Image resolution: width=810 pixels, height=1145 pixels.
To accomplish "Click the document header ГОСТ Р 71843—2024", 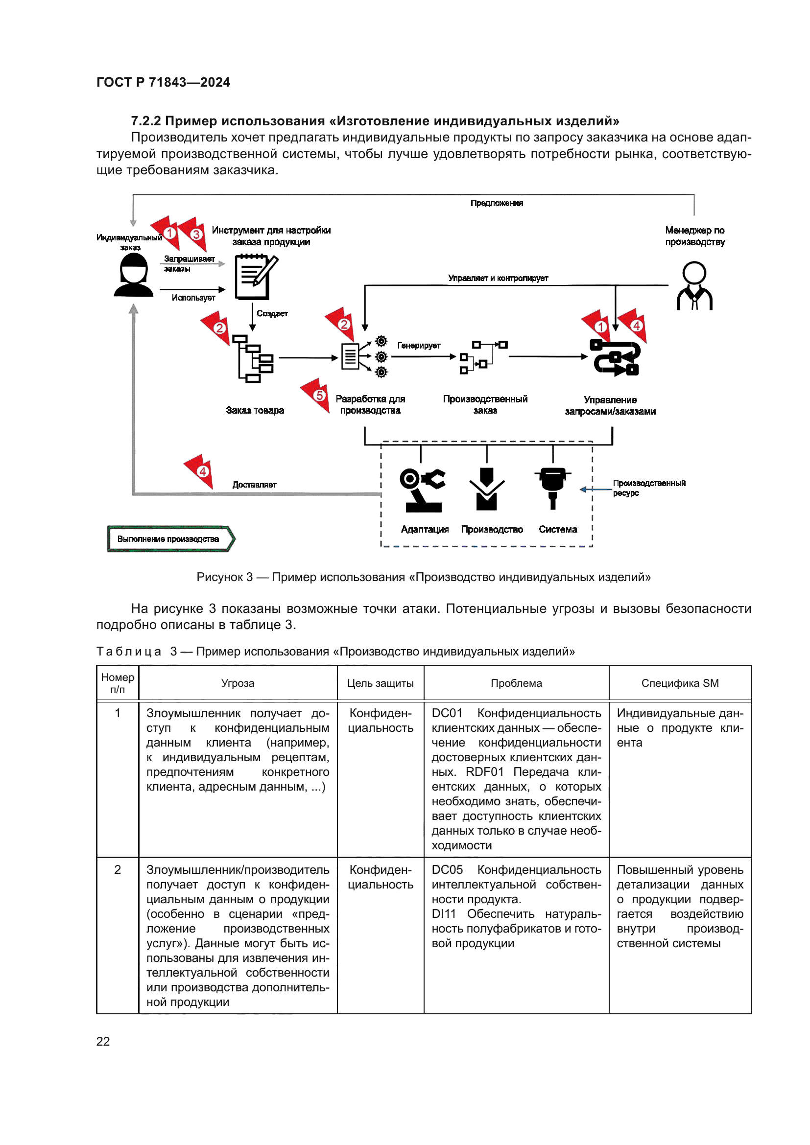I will pyautogui.click(x=163, y=82).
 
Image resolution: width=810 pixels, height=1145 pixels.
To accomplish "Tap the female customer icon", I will pyautogui.click(x=133, y=275).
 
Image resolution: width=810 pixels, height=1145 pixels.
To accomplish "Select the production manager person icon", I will pyautogui.click(x=694, y=286).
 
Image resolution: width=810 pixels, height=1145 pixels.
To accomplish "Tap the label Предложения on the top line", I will pyautogui.click(x=496, y=203).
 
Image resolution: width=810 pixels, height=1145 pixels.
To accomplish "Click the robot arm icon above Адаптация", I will pyautogui.click(x=422, y=490).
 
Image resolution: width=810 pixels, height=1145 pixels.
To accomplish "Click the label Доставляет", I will pyautogui.click(x=254, y=485).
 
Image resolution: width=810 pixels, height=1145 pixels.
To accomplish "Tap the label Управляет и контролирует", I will pyautogui.click(x=497, y=278).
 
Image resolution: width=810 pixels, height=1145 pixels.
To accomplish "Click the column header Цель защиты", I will pyautogui.click(x=380, y=683).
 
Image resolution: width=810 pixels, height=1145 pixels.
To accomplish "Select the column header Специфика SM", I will pyautogui.click(x=679, y=683).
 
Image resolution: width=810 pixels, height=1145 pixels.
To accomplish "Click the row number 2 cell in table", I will pyautogui.click(x=118, y=870).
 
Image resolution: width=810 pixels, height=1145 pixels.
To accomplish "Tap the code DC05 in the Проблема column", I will pyautogui.click(x=447, y=870).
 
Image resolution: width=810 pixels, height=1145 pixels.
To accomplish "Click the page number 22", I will pyautogui.click(x=103, y=1041).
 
